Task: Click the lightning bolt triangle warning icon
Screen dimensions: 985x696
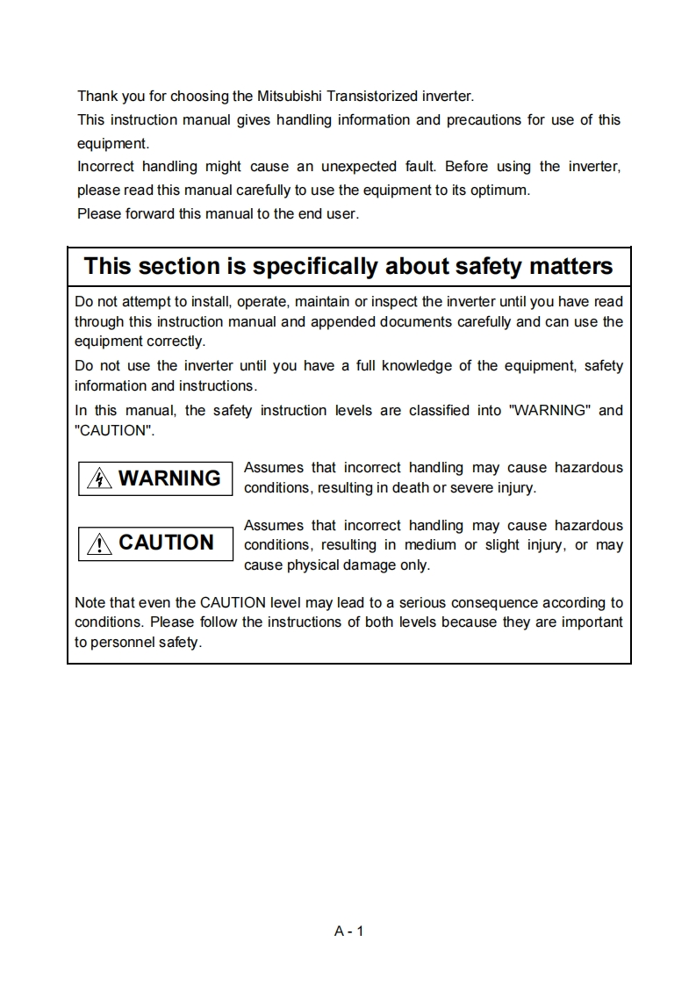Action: click(101, 478)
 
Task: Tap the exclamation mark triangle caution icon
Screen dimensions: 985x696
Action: click(102, 543)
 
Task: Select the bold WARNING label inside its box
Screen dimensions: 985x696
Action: click(169, 478)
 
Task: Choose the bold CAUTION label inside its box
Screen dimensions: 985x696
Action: click(166, 543)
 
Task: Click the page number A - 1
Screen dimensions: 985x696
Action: click(348, 931)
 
